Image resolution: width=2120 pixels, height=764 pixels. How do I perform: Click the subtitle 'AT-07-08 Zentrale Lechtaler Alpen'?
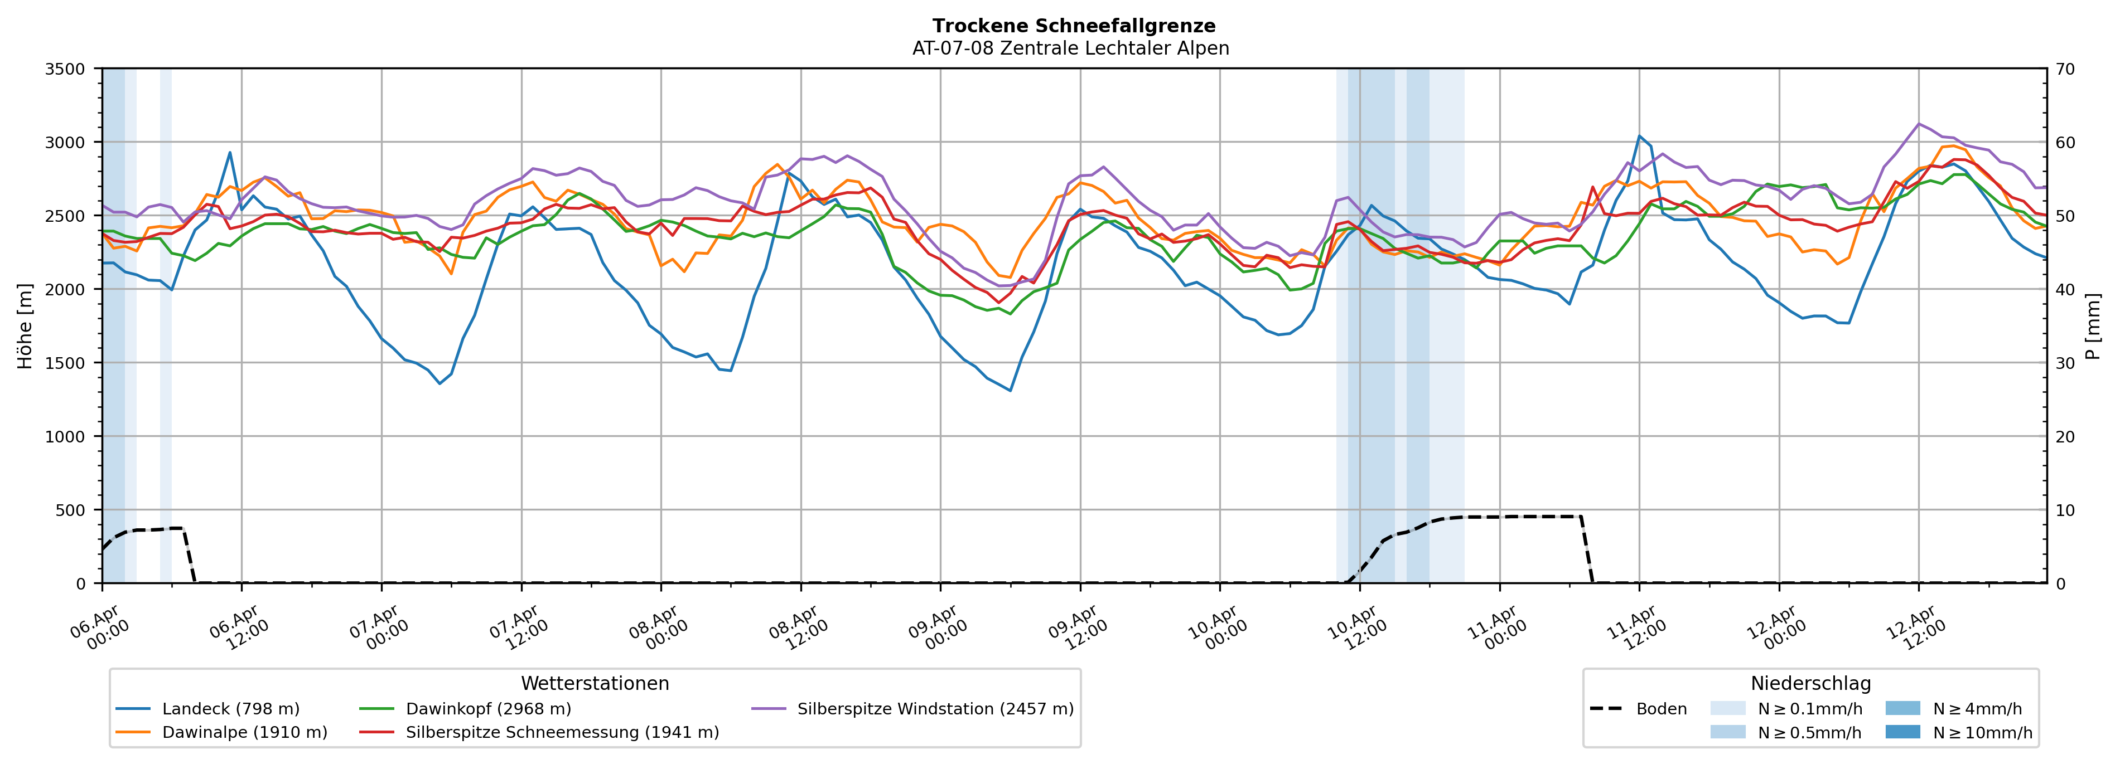pos(1070,48)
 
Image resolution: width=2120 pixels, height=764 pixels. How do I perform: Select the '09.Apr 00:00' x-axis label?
pos(934,629)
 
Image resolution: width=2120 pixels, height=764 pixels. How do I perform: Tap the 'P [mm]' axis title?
pos(2094,327)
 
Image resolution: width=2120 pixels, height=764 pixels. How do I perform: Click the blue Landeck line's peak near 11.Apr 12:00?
pos(1639,137)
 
